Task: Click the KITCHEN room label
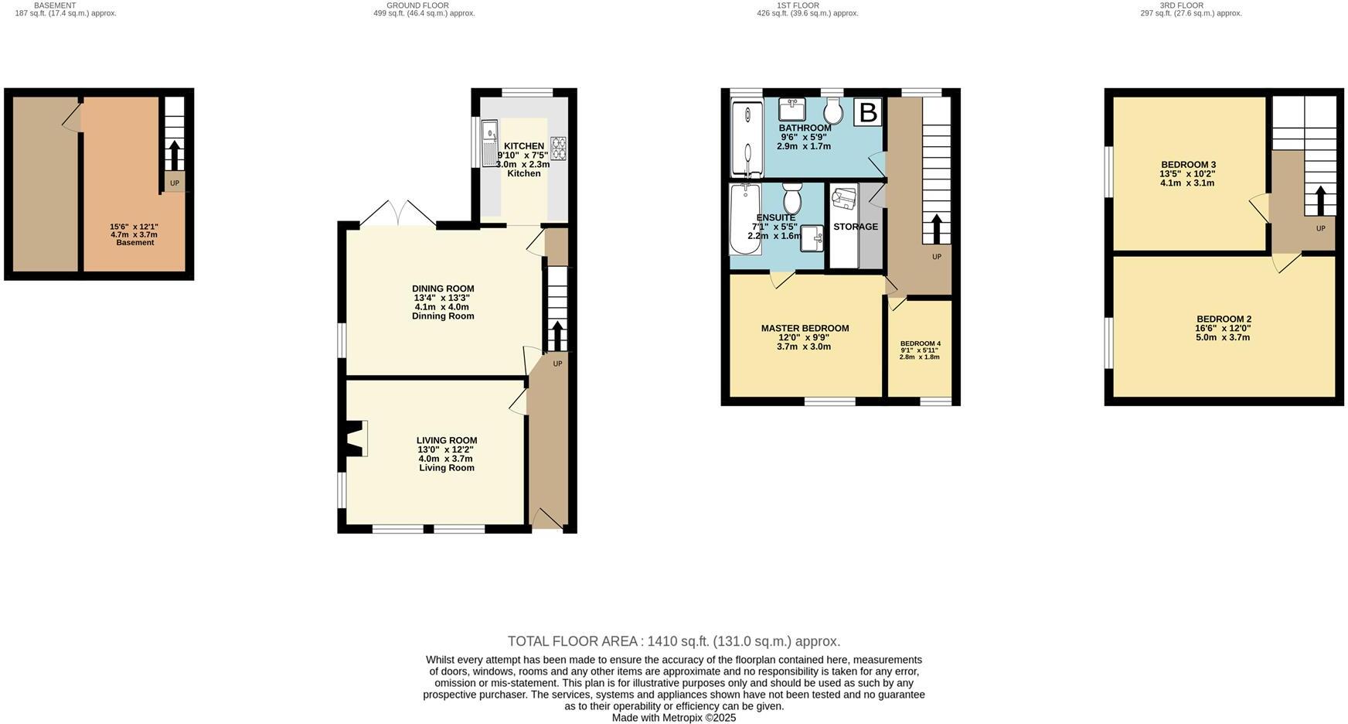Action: (524, 146)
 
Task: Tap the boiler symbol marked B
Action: (868, 113)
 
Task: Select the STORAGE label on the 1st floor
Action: (855, 227)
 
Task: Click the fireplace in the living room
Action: (356, 439)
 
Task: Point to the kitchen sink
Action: (489, 142)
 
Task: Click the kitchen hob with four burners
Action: (558, 149)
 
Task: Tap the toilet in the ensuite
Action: (791, 199)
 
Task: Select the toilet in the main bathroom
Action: (832, 111)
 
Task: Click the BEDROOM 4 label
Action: (920, 343)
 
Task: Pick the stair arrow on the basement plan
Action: (174, 155)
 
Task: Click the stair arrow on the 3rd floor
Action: (1320, 200)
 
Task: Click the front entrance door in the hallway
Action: (547, 519)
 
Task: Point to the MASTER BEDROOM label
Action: (805, 329)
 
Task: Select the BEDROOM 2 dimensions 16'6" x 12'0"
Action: (1223, 328)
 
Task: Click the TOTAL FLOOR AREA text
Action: (673, 641)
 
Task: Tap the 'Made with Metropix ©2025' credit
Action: (673, 718)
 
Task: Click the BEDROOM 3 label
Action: (1188, 165)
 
